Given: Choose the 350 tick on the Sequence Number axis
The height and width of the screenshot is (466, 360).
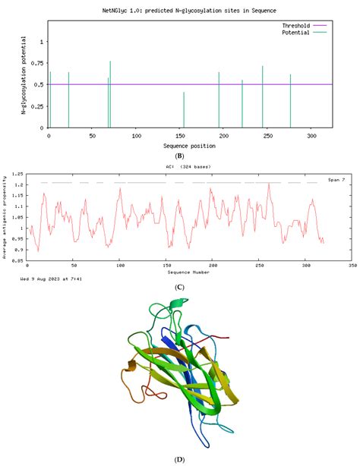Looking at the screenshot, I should click(x=351, y=266).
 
